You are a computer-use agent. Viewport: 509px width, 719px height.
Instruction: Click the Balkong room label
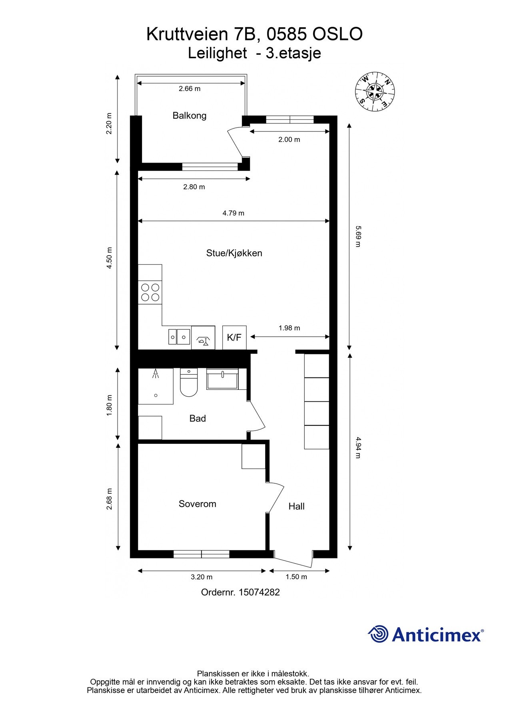click(x=190, y=116)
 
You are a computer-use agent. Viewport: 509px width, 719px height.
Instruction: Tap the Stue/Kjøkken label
click(x=234, y=253)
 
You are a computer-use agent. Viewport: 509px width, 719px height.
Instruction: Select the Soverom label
click(x=197, y=504)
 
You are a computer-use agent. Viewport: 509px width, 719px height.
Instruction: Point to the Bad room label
click(x=198, y=418)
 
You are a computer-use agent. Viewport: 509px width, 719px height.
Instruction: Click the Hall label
click(x=296, y=506)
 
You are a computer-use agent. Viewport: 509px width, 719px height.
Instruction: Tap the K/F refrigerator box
click(x=234, y=338)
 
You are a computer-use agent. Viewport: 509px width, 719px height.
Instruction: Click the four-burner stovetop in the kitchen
click(x=150, y=292)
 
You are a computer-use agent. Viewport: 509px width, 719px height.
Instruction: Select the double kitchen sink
click(x=179, y=337)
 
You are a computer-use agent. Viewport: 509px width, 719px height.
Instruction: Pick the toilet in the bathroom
click(x=189, y=384)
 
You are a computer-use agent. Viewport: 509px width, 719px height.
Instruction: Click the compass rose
click(x=375, y=92)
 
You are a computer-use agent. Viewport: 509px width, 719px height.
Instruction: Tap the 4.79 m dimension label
click(x=233, y=213)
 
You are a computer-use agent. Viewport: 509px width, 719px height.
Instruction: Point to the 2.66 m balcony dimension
click(x=190, y=89)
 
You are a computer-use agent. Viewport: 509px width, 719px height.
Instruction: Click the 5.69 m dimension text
click(x=358, y=236)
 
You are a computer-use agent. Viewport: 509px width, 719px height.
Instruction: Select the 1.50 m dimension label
click(x=296, y=577)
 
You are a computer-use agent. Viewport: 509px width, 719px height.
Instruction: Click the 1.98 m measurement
click(x=289, y=328)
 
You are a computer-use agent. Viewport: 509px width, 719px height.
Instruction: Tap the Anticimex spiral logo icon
click(x=378, y=634)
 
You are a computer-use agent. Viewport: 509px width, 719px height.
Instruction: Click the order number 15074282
click(x=259, y=592)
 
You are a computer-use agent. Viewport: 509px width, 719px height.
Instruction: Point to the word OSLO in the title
click(x=337, y=34)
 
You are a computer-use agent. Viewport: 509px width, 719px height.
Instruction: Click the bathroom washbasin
click(x=222, y=379)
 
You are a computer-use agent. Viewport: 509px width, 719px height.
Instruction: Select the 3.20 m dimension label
click(x=202, y=577)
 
